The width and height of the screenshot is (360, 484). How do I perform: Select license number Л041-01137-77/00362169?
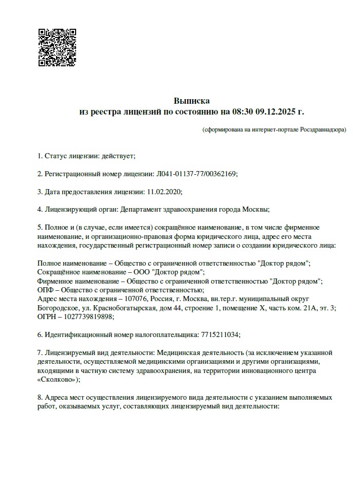pos(195,174)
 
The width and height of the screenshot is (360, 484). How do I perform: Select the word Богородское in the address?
pos(56,308)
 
